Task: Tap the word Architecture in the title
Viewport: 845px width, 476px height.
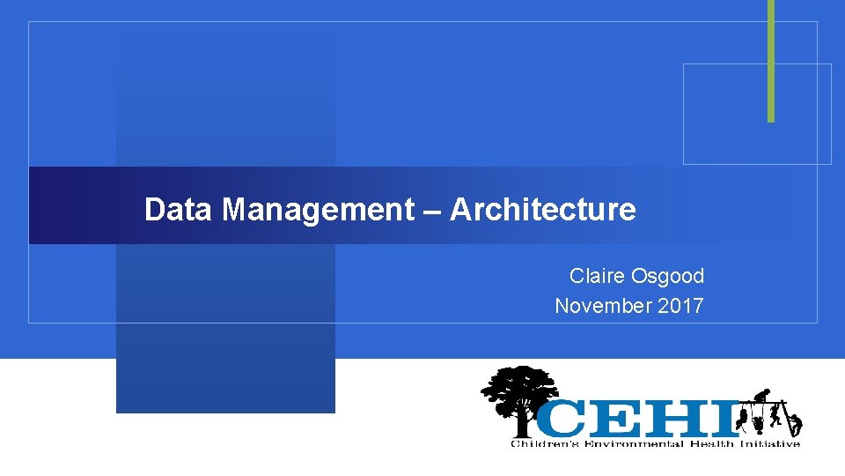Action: point(542,210)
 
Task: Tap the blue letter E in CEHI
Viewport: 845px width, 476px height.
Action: point(616,418)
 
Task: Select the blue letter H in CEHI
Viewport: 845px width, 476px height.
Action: point(678,418)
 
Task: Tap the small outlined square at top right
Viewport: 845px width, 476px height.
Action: point(757,114)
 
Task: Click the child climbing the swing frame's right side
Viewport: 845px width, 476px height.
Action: point(795,423)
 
